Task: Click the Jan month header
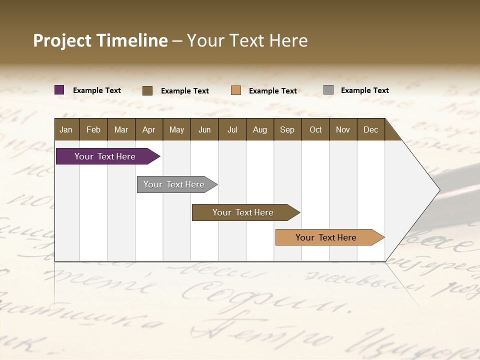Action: pos(66,129)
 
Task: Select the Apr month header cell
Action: pos(148,129)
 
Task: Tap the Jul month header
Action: pos(232,129)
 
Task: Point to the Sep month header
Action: pos(287,129)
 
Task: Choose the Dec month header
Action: pos(370,129)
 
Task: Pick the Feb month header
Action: pos(93,129)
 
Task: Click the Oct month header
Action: pos(315,129)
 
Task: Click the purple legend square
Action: pos(59,90)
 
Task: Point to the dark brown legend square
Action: pos(147,90)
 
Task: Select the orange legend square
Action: pos(236,90)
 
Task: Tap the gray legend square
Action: pos(328,90)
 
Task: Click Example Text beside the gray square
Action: pos(364,90)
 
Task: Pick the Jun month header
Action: pos(204,129)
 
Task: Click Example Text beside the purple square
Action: pos(97,90)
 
